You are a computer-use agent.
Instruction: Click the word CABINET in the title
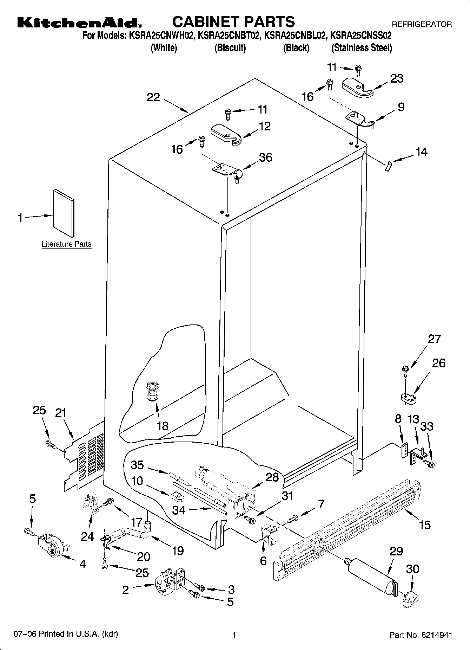point(204,22)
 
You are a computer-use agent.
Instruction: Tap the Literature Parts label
point(66,244)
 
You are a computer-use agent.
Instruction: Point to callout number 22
point(153,97)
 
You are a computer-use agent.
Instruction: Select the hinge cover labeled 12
point(226,134)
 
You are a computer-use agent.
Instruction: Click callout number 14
point(422,152)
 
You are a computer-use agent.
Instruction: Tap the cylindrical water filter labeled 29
point(372,574)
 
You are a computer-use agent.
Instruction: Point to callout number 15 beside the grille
point(425,525)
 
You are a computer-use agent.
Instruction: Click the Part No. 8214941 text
point(421,635)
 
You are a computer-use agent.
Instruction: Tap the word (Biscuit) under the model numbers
point(230,48)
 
